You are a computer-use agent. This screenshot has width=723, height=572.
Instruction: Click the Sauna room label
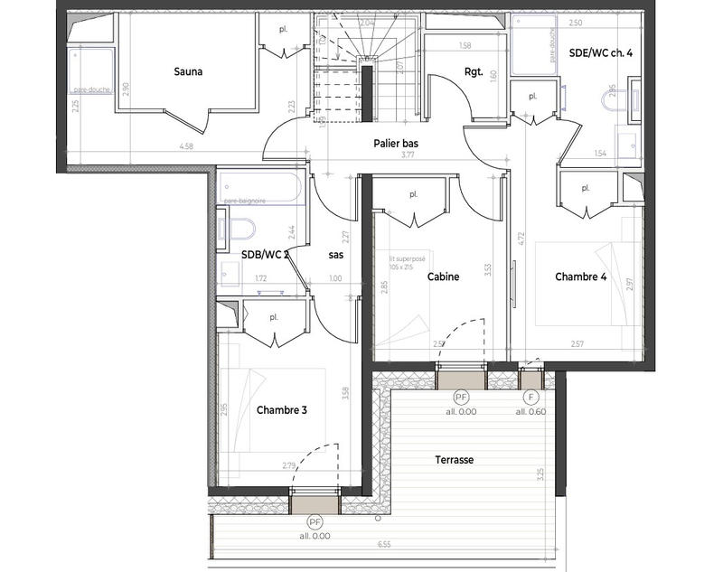(x=189, y=70)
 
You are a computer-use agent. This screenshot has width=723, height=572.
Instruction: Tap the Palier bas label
(x=395, y=144)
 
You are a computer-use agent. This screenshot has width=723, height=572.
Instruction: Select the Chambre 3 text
(x=282, y=409)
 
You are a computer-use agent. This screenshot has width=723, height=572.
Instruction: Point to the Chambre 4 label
(x=580, y=277)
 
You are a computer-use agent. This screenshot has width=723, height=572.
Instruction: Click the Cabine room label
(x=444, y=277)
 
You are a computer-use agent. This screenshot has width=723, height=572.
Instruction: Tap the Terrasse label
(x=454, y=460)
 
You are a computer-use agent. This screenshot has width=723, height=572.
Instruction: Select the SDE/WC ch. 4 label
(x=601, y=53)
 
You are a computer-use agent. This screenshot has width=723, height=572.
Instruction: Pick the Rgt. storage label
(x=474, y=73)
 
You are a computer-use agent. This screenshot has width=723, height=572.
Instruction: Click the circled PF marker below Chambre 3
(x=315, y=522)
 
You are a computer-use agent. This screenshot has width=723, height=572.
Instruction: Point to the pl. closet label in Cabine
(x=413, y=193)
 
